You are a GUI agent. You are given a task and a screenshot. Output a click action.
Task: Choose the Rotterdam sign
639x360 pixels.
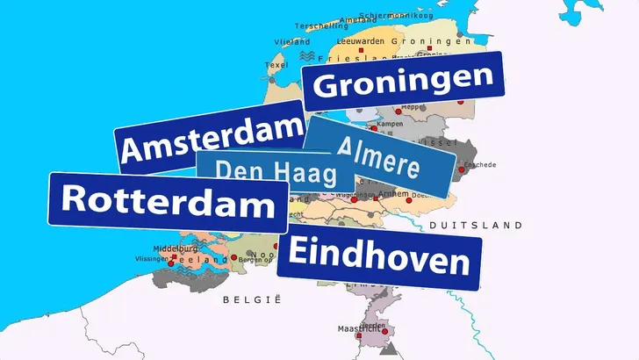point(167,201)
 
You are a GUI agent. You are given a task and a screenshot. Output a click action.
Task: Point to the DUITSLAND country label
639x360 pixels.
point(476,226)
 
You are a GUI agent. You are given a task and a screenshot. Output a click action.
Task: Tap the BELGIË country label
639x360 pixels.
point(251,299)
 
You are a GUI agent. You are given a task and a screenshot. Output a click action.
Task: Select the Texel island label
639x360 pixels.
point(276,65)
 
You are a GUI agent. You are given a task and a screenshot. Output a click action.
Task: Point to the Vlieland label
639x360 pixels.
point(292,41)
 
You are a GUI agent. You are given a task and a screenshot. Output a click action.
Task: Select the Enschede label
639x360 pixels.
point(480,164)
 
